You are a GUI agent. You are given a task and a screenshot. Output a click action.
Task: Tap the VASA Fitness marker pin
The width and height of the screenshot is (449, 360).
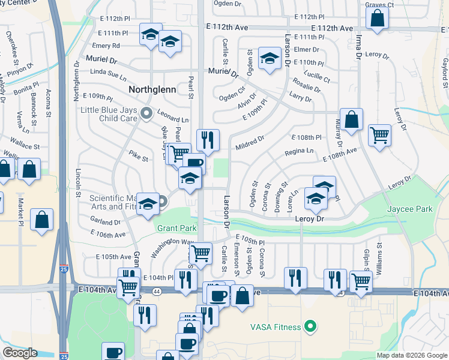(310, 327)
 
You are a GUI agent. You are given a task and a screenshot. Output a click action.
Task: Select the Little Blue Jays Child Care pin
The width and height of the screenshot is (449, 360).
(145, 113)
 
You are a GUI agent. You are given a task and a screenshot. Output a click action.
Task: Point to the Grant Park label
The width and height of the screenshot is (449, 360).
(177, 228)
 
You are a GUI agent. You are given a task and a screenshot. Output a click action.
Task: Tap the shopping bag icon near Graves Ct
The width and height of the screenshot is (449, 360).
(377, 19)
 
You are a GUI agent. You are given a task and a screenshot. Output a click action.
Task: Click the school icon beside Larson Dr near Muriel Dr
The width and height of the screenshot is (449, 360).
(270, 59)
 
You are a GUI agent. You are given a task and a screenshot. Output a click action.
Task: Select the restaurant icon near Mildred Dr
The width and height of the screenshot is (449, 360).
(208, 140)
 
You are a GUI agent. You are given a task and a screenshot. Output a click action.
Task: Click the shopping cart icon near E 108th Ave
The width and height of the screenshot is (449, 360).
(379, 135)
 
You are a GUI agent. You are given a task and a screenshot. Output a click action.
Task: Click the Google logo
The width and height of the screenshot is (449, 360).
(20, 353)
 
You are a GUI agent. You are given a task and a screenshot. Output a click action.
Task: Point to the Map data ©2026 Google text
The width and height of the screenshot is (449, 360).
(412, 355)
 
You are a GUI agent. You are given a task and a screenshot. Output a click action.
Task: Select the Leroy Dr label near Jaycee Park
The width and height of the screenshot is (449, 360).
(310, 220)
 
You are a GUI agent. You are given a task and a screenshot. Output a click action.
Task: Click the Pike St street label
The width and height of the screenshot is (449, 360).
(138, 158)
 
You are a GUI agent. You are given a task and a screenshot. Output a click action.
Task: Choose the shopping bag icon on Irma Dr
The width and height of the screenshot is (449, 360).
(352, 119)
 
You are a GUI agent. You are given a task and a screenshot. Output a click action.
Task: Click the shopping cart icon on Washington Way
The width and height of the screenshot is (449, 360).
(200, 252)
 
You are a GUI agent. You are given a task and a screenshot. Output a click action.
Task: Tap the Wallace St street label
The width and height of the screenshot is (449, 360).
(25, 146)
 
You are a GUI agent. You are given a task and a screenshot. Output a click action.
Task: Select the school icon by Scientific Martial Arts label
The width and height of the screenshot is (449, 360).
(147, 204)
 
